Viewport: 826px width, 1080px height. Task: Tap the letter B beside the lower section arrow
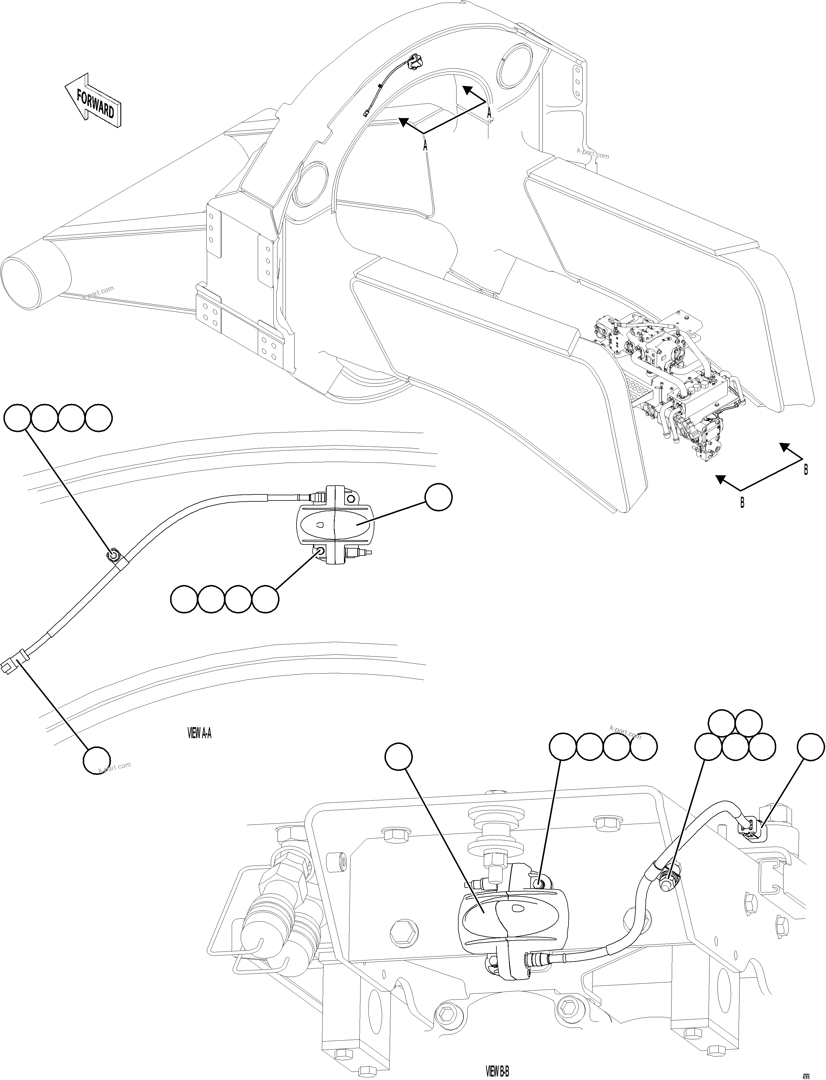tap(742, 503)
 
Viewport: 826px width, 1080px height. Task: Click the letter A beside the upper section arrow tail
tap(489, 113)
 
